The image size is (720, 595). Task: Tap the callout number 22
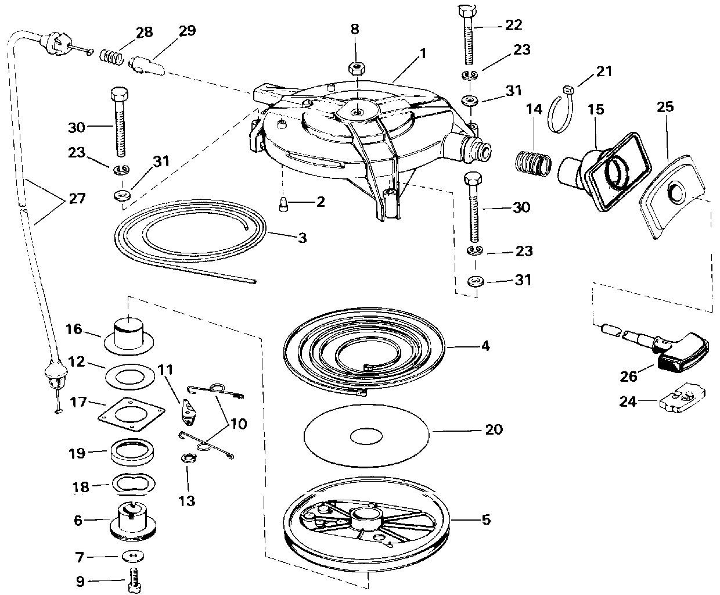click(513, 25)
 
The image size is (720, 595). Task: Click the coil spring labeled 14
click(533, 161)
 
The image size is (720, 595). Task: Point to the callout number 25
click(665, 107)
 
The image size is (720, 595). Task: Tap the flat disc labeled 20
click(366, 436)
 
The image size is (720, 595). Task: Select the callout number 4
click(485, 346)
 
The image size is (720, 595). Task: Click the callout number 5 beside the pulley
click(486, 520)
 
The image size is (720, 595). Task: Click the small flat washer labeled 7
click(133, 557)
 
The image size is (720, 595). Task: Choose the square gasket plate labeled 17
click(131, 414)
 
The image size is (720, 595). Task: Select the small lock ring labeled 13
click(189, 458)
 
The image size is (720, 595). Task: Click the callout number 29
click(188, 31)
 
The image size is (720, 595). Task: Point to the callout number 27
click(77, 199)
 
